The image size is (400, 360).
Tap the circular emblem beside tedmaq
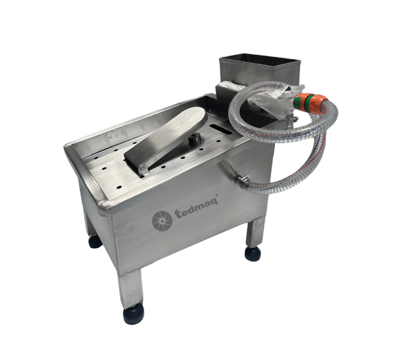(162, 220)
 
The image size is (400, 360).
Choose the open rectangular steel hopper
(260, 70)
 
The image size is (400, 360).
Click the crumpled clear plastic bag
(275, 101)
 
